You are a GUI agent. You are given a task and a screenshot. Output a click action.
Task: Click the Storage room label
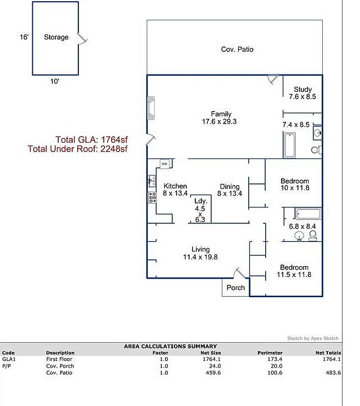tap(56, 37)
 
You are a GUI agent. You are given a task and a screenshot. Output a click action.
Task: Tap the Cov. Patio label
tap(237, 50)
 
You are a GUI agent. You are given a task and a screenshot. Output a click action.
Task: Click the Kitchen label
tap(175, 186)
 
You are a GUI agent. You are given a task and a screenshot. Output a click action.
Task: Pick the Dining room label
tap(230, 187)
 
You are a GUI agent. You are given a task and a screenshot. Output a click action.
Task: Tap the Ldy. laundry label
tap(200, 201)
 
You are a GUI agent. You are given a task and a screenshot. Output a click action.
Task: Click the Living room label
tap(200, 249)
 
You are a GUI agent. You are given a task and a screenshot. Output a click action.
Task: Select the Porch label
tap(236, 288)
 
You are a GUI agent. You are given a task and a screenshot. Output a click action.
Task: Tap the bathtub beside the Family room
tap(289, 145)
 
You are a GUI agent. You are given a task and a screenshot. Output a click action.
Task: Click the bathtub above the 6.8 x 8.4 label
tap(308, 214)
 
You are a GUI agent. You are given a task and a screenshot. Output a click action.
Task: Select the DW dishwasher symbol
tap(164, 164)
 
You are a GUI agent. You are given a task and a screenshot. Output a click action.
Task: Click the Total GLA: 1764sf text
tap(91, 140)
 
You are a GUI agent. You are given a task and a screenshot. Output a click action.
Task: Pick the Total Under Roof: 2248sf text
tap(78, 149)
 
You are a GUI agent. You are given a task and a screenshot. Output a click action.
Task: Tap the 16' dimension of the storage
tap(24, 37)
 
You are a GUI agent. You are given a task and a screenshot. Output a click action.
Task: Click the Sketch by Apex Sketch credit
tap(313, 338)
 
